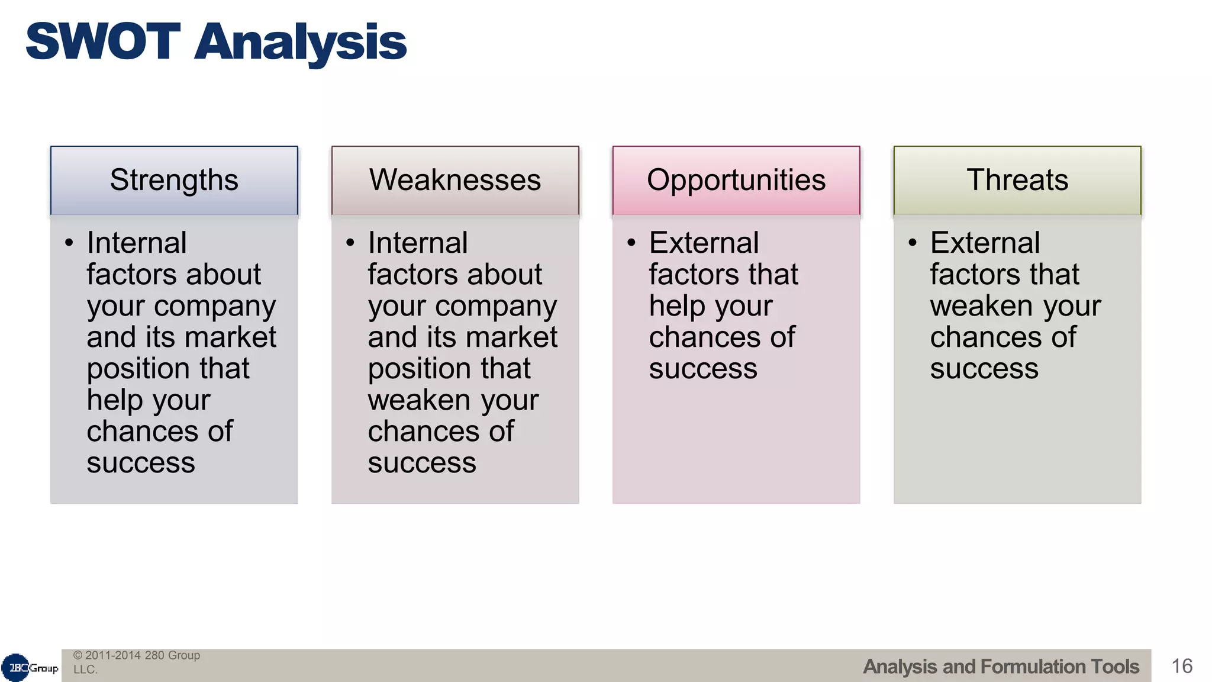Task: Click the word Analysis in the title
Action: click(300, 43)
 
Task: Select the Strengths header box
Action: click(174, 180)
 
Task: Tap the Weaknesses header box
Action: click(455, 180)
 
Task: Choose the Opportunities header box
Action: click(736, 180)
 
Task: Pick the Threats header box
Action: click(1017, 180)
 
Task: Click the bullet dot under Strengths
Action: click(69, 243)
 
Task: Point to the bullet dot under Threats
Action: click(913, 243)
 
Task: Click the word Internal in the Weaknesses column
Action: click(417, 243)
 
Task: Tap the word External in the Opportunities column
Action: click(704, 243)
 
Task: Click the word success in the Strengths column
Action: click(141, 462)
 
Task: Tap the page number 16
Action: click(1182, 666)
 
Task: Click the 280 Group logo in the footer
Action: click(30, 668)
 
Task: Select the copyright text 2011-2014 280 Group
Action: click(142, 655)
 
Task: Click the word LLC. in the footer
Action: click(85, 670)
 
